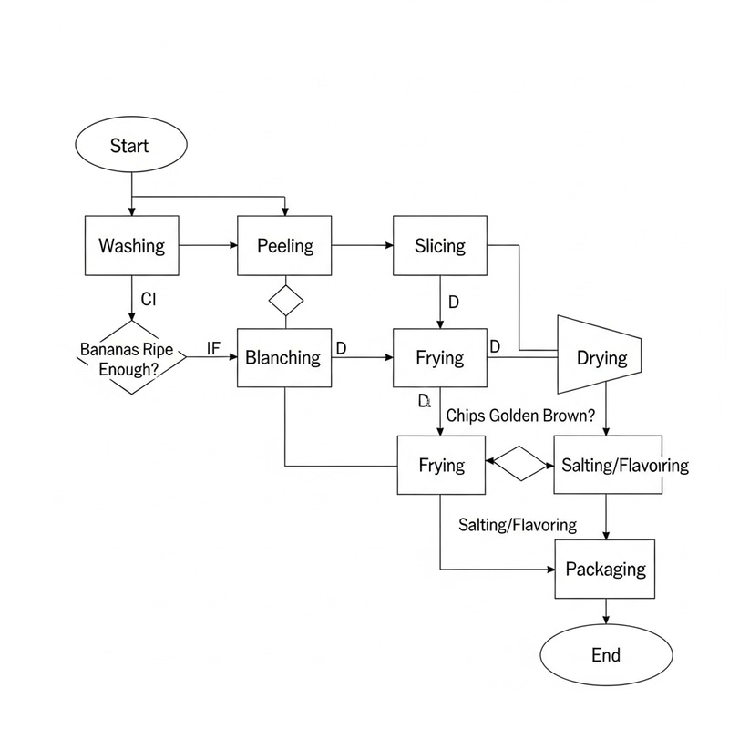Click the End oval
[x=606, y=655]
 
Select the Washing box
[x=132, y=246]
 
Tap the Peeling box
[x=285, y=246]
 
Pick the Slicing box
[x=440, y=246]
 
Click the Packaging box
[x=606, y=570]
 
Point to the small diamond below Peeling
[x=286, y=300]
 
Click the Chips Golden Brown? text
[x=521, y=415]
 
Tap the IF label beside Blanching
[x=214, y=347]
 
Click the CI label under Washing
[x=150, y=298]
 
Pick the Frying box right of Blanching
[x=440, y=358]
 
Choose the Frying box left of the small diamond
[x=442, y=465]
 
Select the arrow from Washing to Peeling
[x=209, y=246]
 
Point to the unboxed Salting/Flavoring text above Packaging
[x=518, y=525]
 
